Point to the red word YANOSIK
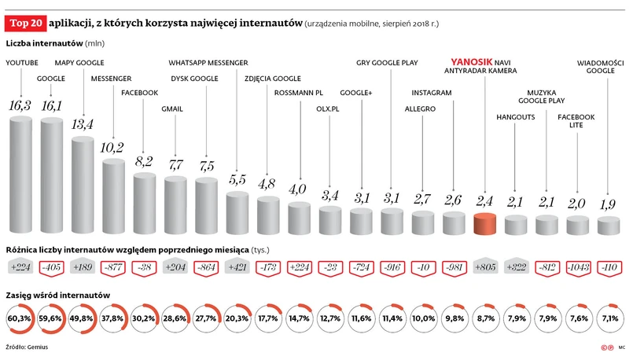469,61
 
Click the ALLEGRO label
420,109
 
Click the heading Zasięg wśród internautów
57,295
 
